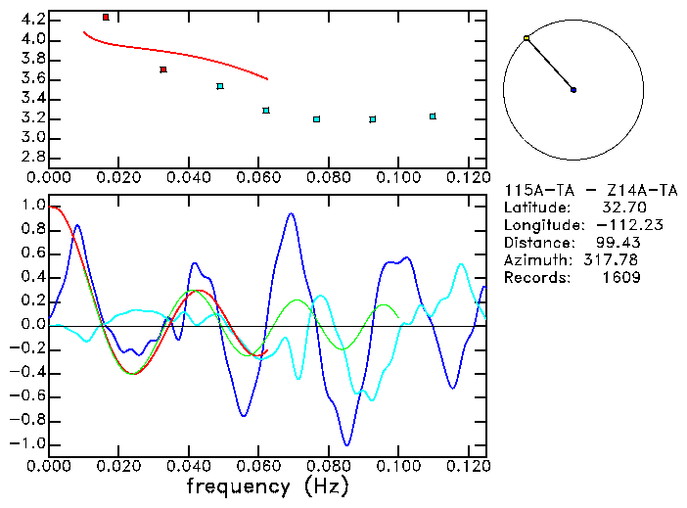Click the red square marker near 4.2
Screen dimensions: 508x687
106,17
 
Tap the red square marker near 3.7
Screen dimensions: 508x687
163,69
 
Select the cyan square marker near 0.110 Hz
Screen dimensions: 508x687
433,116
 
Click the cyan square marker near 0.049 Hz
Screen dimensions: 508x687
220,86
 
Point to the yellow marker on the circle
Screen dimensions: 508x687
527,38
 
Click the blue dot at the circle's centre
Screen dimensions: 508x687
573,90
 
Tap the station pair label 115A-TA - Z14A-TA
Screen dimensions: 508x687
590,190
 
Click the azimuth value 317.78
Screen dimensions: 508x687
615,260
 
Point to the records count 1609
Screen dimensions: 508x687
621,278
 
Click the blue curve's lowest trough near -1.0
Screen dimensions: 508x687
345,445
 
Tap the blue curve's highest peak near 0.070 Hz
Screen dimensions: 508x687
291,213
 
